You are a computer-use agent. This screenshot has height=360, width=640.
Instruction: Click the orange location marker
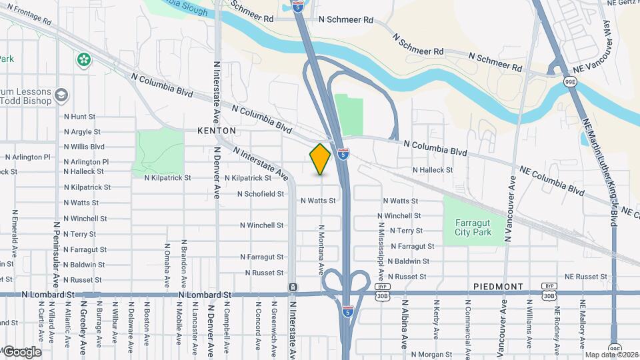tap(321, 159)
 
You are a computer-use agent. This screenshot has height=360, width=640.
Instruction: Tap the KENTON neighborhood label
tap(217, 131)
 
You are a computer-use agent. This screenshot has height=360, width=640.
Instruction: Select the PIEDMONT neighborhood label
tap(498, 286)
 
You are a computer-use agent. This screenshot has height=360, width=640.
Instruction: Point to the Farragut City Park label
tap(473, 227)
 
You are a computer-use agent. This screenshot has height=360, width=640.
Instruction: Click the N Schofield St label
tap(261, 194)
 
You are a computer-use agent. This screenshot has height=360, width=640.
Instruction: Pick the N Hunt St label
tap(80, 117)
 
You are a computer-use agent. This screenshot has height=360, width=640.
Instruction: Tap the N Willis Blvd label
tap(84, 147)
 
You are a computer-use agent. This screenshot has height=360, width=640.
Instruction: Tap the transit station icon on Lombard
tap(293, 287)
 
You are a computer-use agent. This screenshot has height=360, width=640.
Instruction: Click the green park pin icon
tap(84, 60)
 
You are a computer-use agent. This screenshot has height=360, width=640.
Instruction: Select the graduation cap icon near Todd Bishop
tap(61, 95)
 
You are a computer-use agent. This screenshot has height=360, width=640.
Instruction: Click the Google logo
tap(21, 351)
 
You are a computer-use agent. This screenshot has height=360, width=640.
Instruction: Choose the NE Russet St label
tap(587, 276)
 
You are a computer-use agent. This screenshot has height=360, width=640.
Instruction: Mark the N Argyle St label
tap(82, 132)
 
